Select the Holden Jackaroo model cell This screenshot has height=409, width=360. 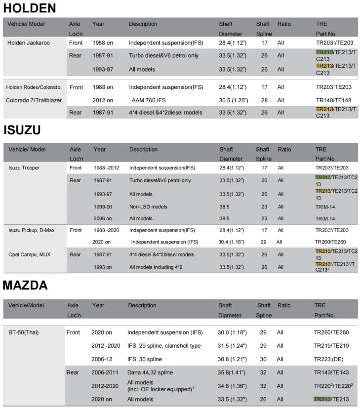(29, 43)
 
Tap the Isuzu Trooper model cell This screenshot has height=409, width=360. (24, 168)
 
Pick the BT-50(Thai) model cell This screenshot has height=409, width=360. (24, 332)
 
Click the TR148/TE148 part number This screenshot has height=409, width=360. (333, 100)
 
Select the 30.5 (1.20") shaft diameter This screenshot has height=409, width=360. (233, 100)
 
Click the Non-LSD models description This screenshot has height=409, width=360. (148, 206)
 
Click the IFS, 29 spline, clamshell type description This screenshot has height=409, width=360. (164, 346)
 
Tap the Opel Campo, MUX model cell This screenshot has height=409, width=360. (30, 254)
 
